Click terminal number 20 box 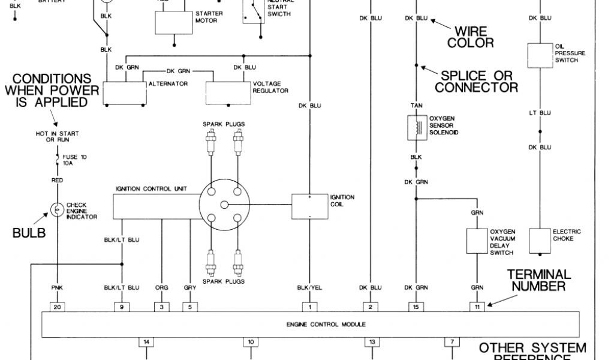tap(58, 307)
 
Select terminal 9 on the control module tap(122, 307)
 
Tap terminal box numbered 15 tap(416, 307)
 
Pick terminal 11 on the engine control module tap(477, 307)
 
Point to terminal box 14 tap(146, 342)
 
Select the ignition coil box tap(309, 206)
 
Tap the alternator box tap(125, 91)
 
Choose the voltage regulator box tap(228, 91)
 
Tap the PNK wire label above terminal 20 tap(58, 288)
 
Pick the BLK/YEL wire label tap(309, 288)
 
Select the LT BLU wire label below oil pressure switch tap(540, 113)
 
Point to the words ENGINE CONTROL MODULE tap(309, 325)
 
